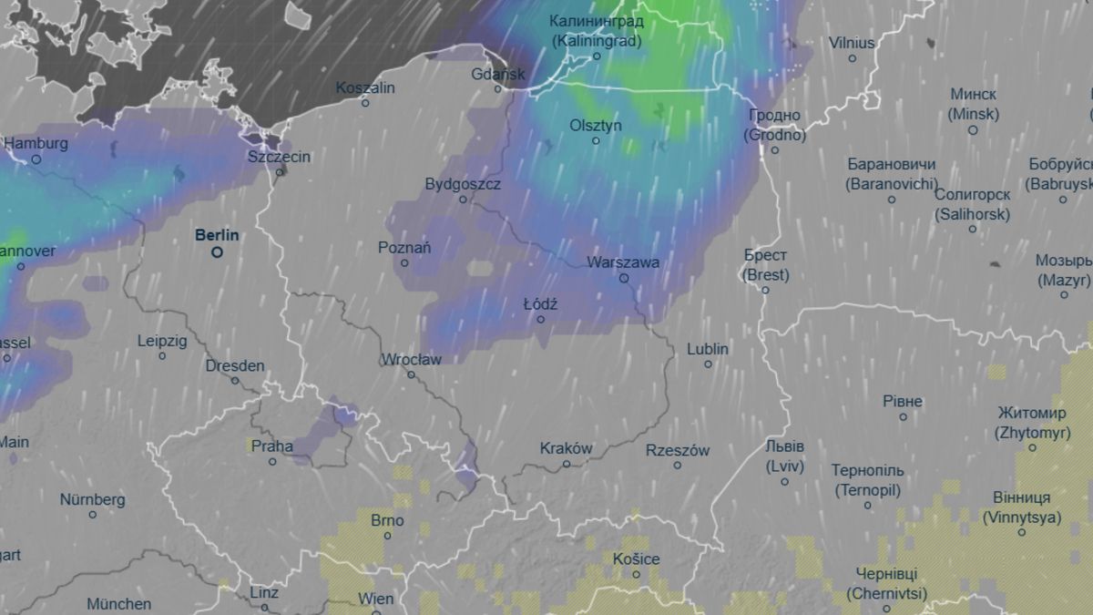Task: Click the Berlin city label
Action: pos(217,235)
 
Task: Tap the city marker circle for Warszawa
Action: pos(624,279)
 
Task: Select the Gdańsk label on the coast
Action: pos(498,74)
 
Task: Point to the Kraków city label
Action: pos(566,448)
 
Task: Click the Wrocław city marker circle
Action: pos(411,374)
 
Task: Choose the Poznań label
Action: pos(404,248)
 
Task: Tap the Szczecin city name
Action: pos(279,157)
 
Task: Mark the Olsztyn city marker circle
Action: pos(596,140)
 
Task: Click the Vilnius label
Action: pos(852,43)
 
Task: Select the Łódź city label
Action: pos(540,304)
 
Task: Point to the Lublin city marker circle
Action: pos(708,364)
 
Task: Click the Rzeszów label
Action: pos(677,450)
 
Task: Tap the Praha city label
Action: pos(271,446)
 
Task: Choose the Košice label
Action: pos(636,559)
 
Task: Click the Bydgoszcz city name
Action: pos(463,184)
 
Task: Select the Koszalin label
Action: pos(365,88)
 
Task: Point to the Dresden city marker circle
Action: pos(235,381)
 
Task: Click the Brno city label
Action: pos(387,521)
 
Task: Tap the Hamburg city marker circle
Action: pos(36,159)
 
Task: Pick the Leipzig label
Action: pos(162,341)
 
